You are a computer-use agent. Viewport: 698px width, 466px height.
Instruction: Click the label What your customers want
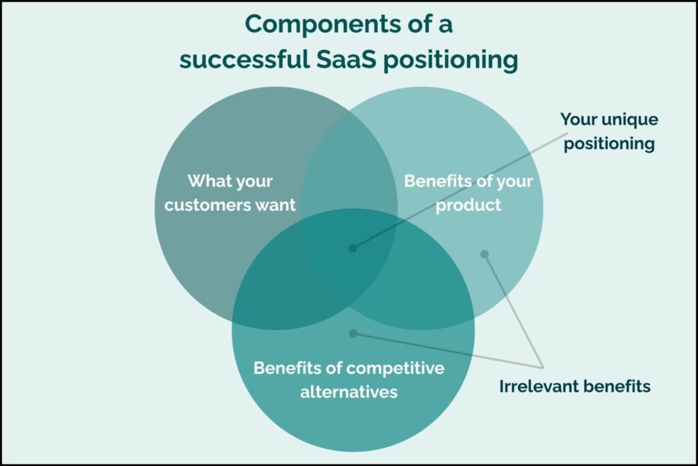(230, 193)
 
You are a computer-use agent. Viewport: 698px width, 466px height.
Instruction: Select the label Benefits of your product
(468, 193)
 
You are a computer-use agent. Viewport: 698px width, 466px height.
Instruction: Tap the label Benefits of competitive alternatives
(348, 380)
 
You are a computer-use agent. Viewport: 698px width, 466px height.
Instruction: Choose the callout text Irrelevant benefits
(575, 386)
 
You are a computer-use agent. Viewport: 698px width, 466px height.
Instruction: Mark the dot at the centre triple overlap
(352, 248)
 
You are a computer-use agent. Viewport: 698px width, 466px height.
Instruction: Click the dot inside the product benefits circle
(485, 254)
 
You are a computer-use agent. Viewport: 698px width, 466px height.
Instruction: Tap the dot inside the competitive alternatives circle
(352, 333)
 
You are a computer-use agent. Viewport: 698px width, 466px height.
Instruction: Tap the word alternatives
(348, 392)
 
